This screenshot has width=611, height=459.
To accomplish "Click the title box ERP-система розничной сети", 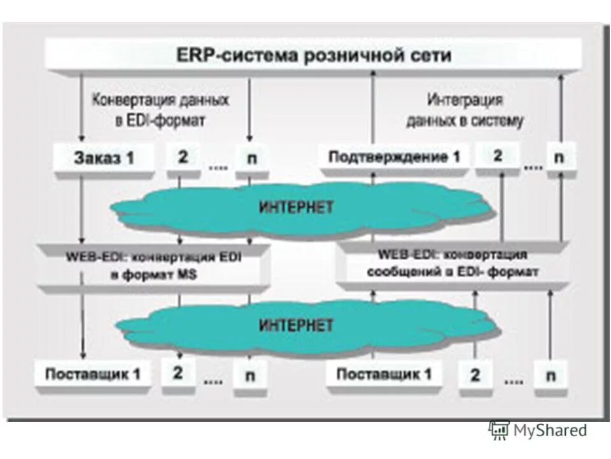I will [x=313, y=55].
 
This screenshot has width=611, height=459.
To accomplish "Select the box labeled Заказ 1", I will [x=104, y=158].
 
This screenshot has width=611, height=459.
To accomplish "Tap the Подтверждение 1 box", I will [x=394, y=157].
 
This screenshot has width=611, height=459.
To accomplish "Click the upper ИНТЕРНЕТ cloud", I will [x=297, y=207].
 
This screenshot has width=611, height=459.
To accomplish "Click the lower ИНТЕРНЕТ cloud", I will [x=296, y=326].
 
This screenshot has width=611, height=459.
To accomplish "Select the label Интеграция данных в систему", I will [x=465, y=110].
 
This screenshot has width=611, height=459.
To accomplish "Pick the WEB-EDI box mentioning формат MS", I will [x=148, y=267].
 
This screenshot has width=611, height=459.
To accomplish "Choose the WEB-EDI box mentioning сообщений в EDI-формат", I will [x=452, y=263].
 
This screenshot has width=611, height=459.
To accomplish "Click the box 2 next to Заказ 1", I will [x=183, y=157].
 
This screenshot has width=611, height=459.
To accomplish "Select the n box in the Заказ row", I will [x=252, y=158].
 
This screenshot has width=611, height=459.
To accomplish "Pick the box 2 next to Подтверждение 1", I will [x=498, y=156].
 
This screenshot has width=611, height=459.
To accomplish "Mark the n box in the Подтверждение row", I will [x=559, y=157].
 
